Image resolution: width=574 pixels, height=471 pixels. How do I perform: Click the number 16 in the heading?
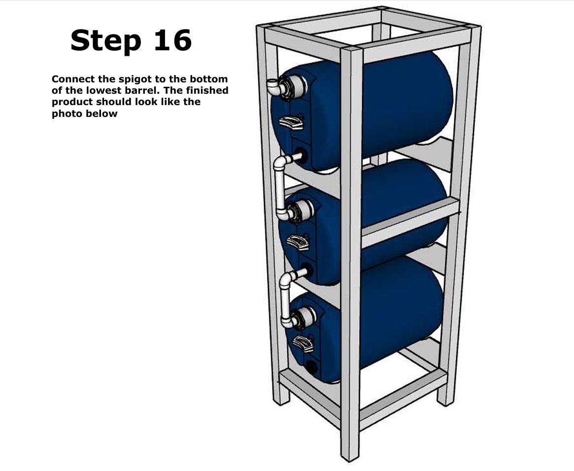click(172, 40)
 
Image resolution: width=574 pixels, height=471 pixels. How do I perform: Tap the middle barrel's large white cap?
click(302, 210)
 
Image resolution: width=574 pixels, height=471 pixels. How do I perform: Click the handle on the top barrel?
click(292, 121)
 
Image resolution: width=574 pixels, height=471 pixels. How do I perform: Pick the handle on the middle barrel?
click(299, 242)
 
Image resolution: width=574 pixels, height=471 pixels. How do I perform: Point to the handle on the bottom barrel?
click(303, 343)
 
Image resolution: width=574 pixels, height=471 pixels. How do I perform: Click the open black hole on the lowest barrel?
click(311, 366)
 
